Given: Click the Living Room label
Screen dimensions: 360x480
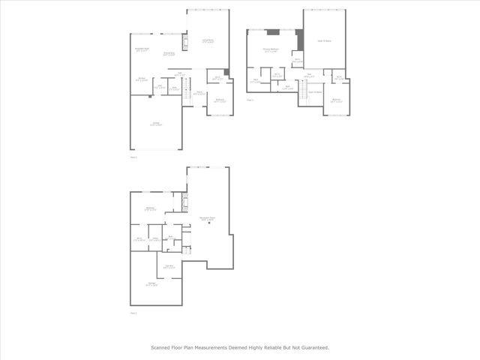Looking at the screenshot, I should [x=207, y=41].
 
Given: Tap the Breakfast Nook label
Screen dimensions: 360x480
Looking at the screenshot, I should [x=142, y=50].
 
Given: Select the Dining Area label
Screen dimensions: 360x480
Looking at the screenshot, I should [x=169, y=54].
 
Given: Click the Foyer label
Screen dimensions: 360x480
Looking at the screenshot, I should [x=199, y=94].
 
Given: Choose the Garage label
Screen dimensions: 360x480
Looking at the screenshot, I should [x=156, y=124].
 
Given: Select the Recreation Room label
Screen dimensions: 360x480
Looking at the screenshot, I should [x=207, y=219].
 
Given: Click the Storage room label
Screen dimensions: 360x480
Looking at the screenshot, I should [x=152, y=283].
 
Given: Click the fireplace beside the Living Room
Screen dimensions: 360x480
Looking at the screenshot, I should [x=184, y=43].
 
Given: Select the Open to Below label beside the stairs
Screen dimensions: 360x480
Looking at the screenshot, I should [x=316, y=92].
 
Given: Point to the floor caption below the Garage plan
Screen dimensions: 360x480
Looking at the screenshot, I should [x=133, y=157].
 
